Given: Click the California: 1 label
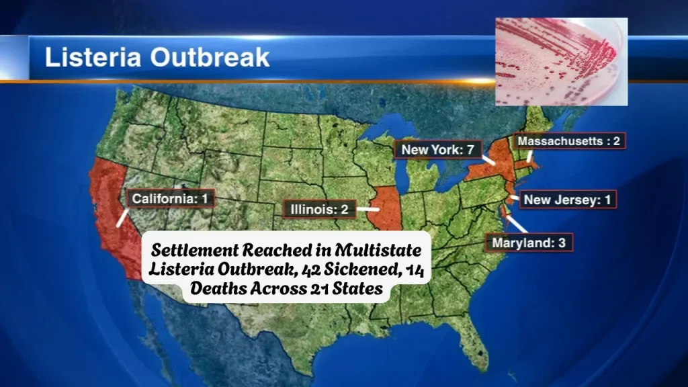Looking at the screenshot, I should tap(171, 199).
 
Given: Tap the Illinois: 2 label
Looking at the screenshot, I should tap(318, 210).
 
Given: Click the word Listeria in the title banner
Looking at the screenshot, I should tap(94, 57).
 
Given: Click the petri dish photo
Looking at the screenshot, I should tap(561, 61).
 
